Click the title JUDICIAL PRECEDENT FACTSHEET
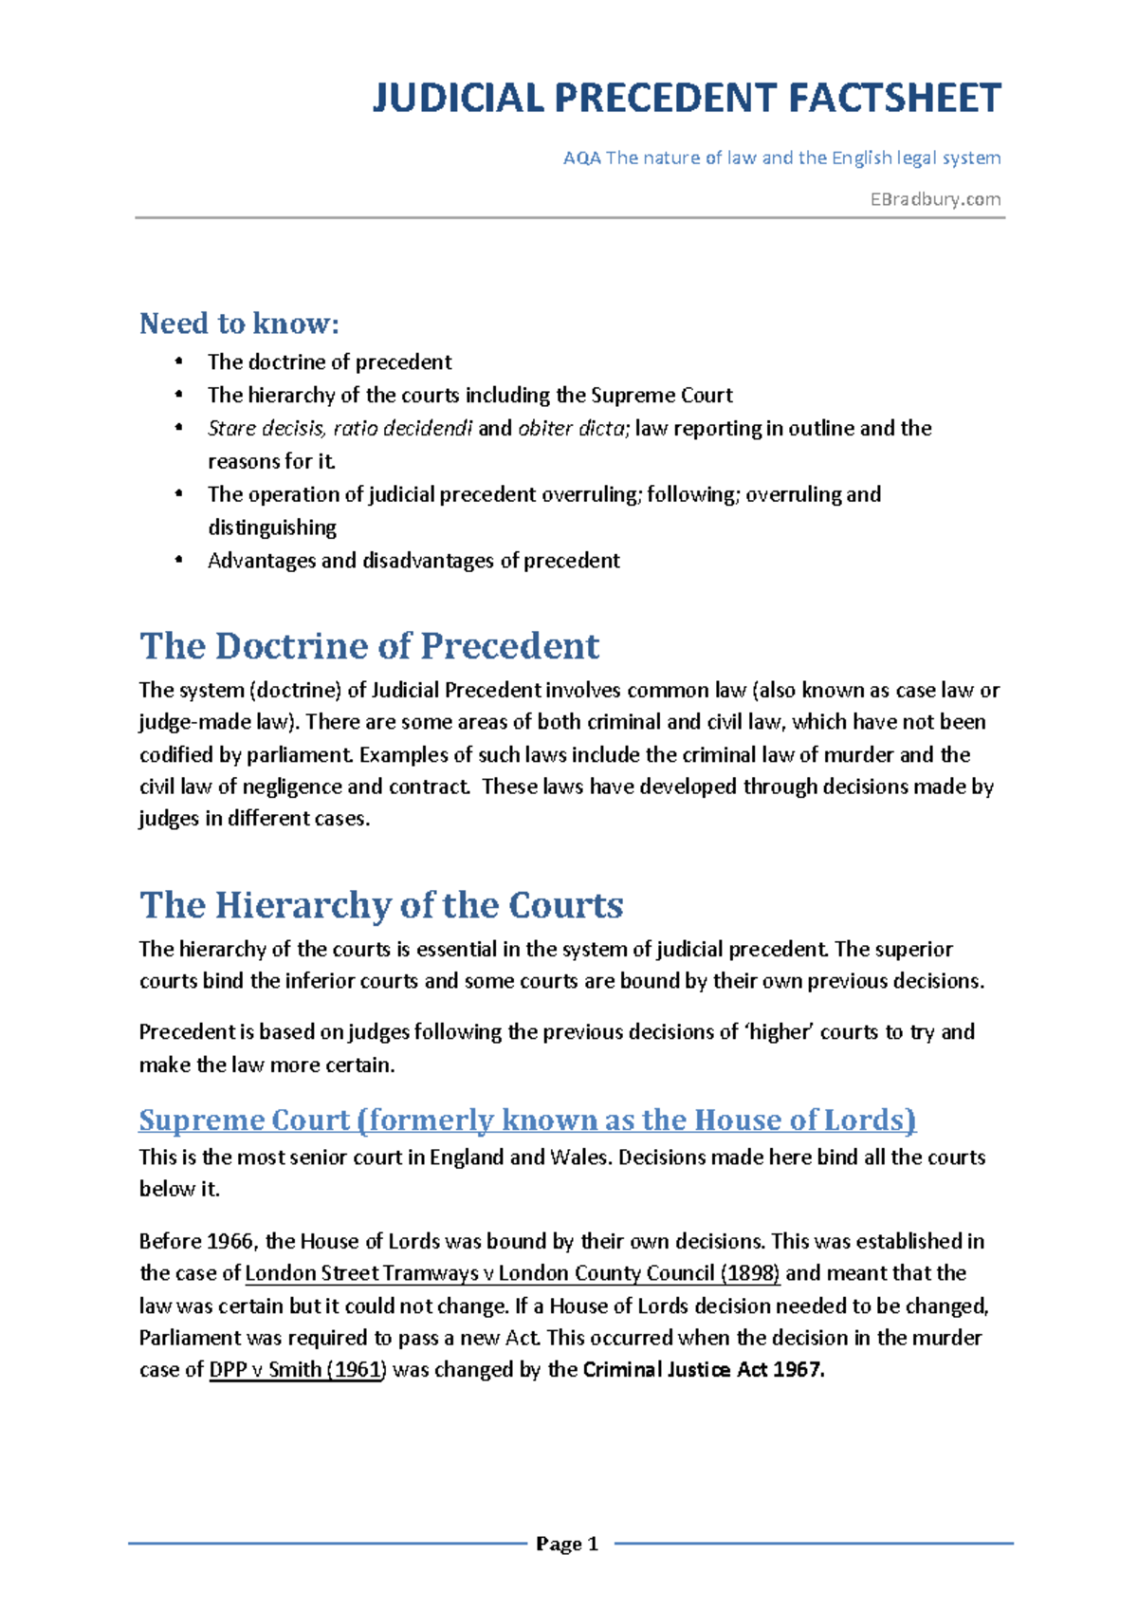686,99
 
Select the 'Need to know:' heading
239,324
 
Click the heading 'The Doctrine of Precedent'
369,646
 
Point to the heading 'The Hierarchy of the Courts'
381,905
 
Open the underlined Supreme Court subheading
527,1120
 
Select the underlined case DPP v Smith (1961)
297,1370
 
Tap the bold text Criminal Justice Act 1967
704,1370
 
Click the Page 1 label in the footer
567,1545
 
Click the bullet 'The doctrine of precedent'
329,362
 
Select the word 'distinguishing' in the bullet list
272,528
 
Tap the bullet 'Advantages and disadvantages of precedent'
413,561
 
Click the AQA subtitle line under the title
781,158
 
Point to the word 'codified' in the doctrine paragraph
177,755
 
